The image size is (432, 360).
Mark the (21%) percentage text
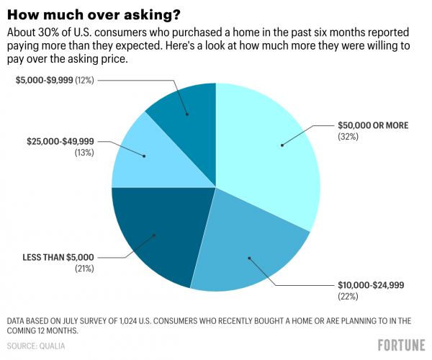[x=84, y=268]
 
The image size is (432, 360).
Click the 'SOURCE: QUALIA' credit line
[x=36, y=346]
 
